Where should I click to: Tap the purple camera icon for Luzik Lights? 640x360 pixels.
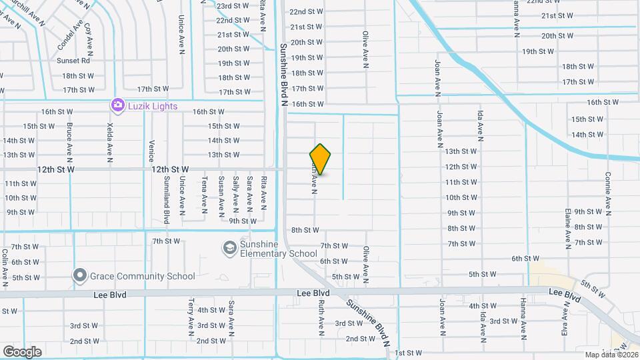(118, 105)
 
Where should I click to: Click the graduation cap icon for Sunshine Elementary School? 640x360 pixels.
(229, 248)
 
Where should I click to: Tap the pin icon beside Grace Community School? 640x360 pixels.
(80, 275)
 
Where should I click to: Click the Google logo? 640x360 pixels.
(22, 351)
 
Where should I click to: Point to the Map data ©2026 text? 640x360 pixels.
(611, 355)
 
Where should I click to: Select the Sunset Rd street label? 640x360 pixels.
(73, 61)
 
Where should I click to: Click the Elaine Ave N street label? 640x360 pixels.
(568, 227)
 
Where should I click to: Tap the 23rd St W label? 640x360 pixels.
(233, 5)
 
